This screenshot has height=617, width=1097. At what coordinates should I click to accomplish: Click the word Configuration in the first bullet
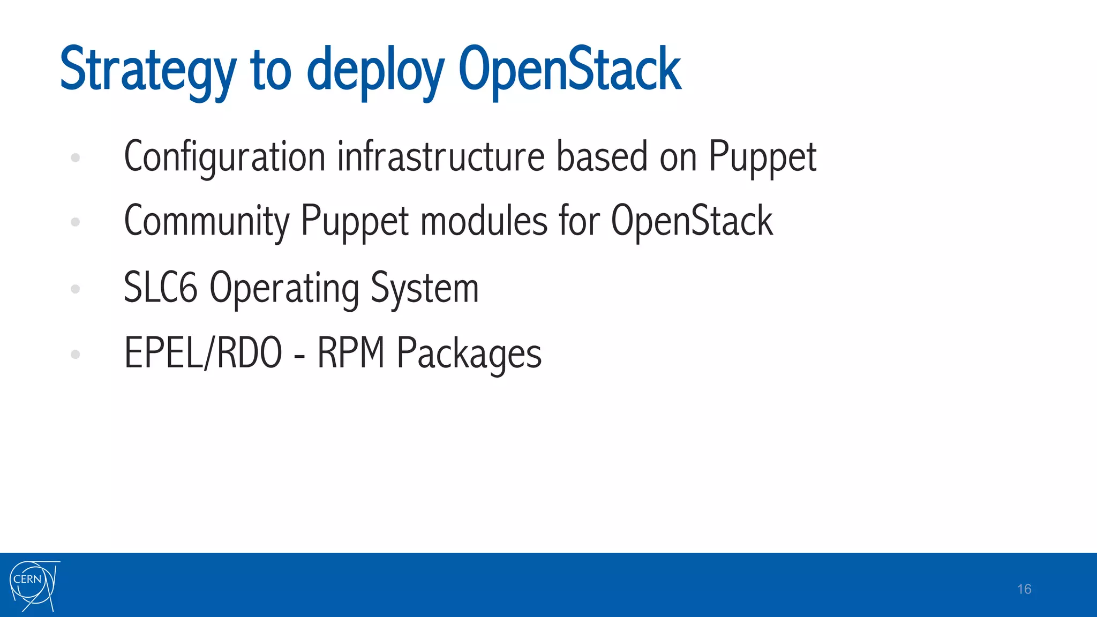tap(224, 157)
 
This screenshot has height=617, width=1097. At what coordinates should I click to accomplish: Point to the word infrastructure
tap(441, 157)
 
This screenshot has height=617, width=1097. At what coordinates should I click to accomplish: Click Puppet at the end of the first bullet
tap(762, 157)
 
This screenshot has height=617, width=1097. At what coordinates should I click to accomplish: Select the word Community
tap(206, 221)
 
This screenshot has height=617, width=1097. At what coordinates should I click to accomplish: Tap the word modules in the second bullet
tap(484, 221)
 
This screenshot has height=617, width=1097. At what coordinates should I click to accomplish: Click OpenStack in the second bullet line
tap(692, 221)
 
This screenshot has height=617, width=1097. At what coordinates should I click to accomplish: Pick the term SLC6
tap(160, 288)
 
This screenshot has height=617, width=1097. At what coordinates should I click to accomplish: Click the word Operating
tap(284, 288)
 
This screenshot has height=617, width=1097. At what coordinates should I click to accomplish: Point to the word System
tap(424, 288)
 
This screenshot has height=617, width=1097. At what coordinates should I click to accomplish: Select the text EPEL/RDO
tap(203, 353)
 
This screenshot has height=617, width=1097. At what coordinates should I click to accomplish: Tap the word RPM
tap(351, 353)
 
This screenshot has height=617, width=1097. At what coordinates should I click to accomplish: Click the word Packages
tap(469, 354)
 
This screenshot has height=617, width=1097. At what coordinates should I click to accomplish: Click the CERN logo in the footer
tap(34, 586)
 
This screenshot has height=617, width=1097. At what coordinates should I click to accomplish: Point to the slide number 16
tap(1024, 589)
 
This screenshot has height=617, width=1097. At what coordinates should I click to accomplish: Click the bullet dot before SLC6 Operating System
tap(76, 289)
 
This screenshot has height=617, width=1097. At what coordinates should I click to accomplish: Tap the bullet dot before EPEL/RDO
tap(76, 354)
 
